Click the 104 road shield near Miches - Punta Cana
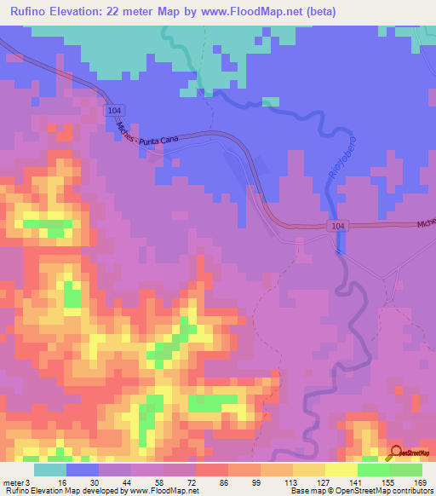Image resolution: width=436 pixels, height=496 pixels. (x=115, y=111)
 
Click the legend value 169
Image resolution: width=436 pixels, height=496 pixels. (x=421, y=482)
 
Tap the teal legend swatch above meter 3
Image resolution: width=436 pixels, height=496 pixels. (x=50, y=469)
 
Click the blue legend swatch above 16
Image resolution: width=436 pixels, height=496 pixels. (x=83, y=469)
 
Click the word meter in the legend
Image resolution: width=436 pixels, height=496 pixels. (x=14, y=482)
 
